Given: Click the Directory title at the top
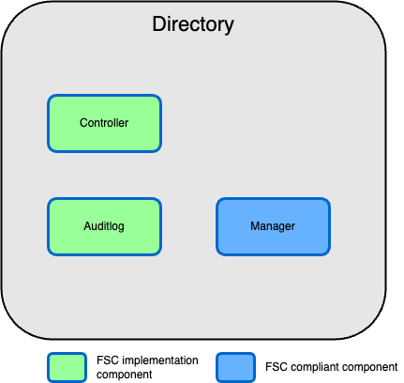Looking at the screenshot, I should (x=192, y=24).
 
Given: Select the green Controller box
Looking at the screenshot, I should (x=104, y=123).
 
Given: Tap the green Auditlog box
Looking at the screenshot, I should (x=104, y=226).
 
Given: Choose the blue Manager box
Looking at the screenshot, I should (x=273, y=226).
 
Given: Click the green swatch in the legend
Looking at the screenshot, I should (x=67, y=366).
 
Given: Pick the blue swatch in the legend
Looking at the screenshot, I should (x=235, y=366).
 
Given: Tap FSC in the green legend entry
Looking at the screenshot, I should (x=107, y=360).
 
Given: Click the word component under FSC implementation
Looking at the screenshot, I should (x=124, y=374).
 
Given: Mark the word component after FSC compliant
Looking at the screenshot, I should (x=371, y=366).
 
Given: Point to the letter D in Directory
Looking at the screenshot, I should (x=158, y=24).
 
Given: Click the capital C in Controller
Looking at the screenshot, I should (x=83, y=123).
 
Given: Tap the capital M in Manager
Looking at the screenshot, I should (x=255, y=226).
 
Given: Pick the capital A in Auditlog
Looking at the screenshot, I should (x=87, y=226).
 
